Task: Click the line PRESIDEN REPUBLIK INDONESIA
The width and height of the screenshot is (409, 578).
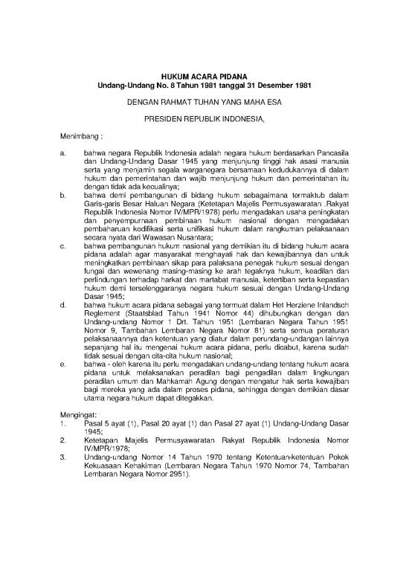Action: coord(204,118)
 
